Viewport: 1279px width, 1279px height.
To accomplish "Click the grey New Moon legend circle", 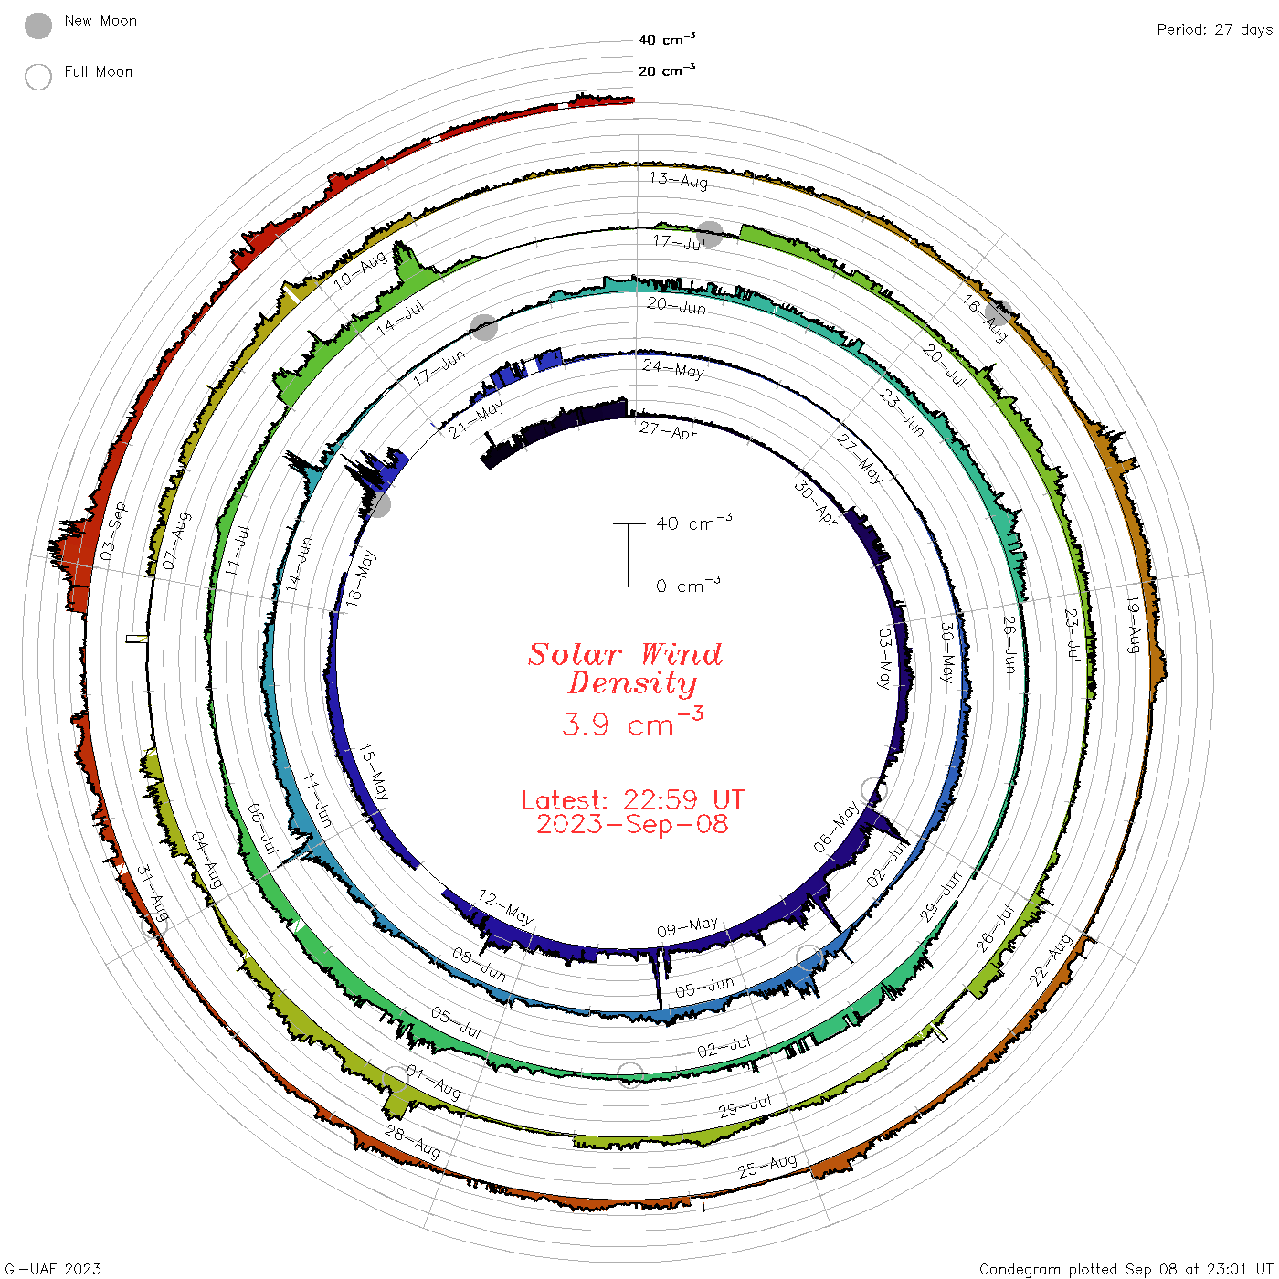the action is (38, 26).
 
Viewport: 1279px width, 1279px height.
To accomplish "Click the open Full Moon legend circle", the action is (38, 77).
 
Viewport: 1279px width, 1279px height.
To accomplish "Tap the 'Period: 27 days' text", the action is (1214, 30).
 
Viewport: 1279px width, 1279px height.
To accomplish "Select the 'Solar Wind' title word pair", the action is (625, 654).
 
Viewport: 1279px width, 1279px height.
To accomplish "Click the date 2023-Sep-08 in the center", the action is (632, 824).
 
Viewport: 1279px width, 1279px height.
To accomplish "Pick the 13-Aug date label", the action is (679, 179).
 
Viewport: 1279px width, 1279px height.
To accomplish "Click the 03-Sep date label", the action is (113, 531).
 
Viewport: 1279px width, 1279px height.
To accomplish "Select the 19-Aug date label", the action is (1134, 624).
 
